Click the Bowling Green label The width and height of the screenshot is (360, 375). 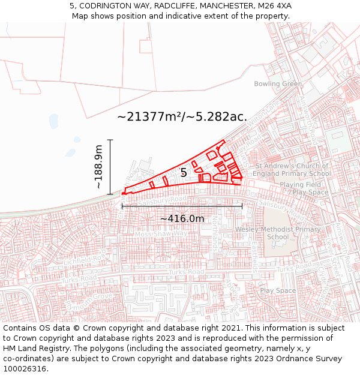point(278,83)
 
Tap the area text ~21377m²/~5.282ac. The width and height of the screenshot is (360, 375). point(182,116)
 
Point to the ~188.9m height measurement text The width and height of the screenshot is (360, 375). point(99,167)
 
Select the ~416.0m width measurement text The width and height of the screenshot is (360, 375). point(182,218)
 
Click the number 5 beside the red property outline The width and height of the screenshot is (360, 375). point(184,173)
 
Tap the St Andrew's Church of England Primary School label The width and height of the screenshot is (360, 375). point(293,170)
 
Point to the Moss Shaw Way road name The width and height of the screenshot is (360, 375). point(160,233)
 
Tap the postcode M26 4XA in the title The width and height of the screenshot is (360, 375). point(275,5)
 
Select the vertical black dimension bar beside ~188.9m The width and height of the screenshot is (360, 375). point(110,167)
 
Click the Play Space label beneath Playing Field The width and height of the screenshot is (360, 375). point(310,193)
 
